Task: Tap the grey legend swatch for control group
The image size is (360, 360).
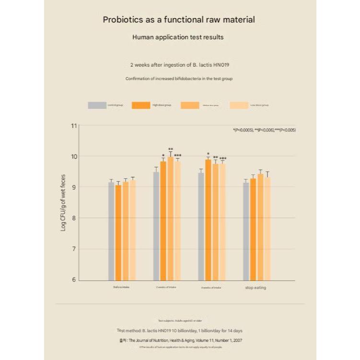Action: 97,105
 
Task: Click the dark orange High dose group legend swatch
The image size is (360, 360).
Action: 141,105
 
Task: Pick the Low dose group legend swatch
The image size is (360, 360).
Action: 240,105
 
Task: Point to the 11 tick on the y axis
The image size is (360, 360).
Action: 74,126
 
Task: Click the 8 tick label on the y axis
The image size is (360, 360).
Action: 74,218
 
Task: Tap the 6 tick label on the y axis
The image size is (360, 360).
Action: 74,280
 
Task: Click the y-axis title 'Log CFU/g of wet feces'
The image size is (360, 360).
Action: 63,203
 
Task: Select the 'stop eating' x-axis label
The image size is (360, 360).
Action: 255,288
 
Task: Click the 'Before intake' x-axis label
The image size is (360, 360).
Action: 121,288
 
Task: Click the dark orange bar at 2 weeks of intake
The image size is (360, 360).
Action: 163,221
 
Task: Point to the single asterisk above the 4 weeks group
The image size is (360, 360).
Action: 208,154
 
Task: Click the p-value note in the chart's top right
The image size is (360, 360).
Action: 264,130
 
